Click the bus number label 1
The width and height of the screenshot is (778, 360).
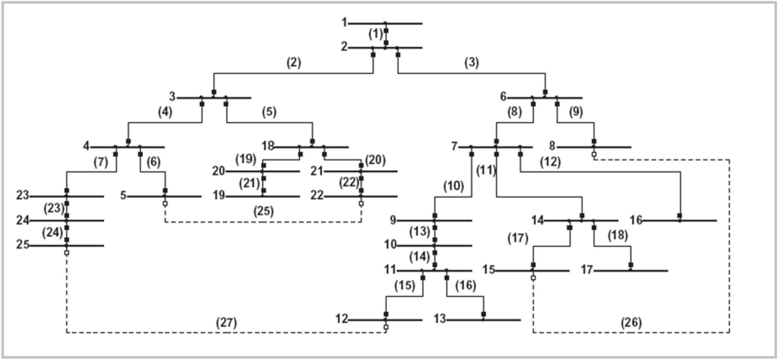pyautogui.click(x=344, y=22)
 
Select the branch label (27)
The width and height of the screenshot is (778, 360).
pyautogui.click(x=227, y=323)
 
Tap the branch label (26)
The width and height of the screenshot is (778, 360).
pyautogui.click(x=631, y=323)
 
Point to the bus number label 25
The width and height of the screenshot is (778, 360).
pyautogui.click(x=23, y=245)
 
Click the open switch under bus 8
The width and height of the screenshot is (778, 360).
pyautogui.click(x=594, y=154)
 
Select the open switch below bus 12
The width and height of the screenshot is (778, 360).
pyautogui.click(x=386, y=327)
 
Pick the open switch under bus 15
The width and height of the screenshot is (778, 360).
pyautogui.click(x=533, y=278)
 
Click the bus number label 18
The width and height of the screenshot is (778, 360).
pyautogui.click(x=268, y=145)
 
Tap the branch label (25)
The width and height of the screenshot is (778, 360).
pyautogui.click(x=263, y=211)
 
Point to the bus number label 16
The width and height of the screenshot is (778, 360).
pyautogui.click(x=636, y=220)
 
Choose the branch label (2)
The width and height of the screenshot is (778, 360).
pyautogui.click(x=293, y=63)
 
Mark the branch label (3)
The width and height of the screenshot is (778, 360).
pyautogui.click(x=471, y=63)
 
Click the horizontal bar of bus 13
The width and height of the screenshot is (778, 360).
pyautogui.click(x=483, y=320)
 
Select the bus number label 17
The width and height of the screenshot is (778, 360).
pyautogui.click(x=587, y=269)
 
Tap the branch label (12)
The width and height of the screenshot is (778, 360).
pyautogui.click(x=550, y=162)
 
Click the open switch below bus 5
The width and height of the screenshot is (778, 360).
pyautogui.click(x=165, y=204)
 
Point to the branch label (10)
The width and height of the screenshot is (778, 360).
pyautogui.click(x=453, y=186)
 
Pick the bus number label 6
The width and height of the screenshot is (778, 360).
pyautogui.click(x=503, y=96)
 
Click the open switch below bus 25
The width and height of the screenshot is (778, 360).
pyautogui.click(x=66, y=253)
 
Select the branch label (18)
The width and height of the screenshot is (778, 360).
pyautogui.click(x=618, y=236)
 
